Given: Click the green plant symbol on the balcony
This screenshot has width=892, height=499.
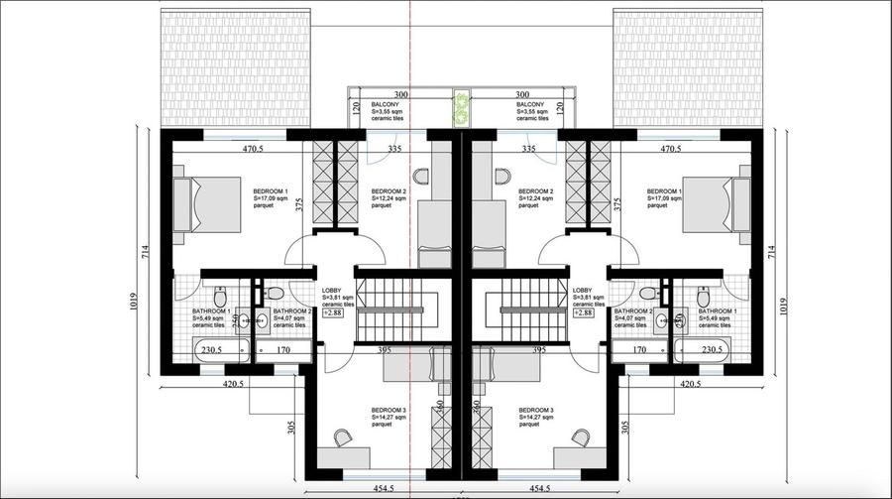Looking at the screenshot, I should click(x=461, y=108).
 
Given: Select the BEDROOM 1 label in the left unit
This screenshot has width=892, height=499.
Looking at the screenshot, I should click(x=271, y=190).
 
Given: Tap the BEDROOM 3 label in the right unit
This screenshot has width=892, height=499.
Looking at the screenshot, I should click(x=536, y=410).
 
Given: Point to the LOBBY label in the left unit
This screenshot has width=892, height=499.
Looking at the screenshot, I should click(x=331, y=290).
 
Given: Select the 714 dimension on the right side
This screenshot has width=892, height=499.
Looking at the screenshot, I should click(x=772, y=253).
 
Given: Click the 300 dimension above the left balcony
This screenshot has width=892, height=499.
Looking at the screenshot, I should click(x=402, y=94).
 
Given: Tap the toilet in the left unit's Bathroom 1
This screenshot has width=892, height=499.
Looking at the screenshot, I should click(x=219, y=297).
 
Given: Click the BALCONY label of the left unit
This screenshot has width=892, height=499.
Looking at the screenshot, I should click(x=386, y=104).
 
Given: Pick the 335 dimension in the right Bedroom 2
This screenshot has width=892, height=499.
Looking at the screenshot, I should click(x=529, y=149).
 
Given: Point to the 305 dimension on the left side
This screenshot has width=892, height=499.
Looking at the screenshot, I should click(x=292, y=429).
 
